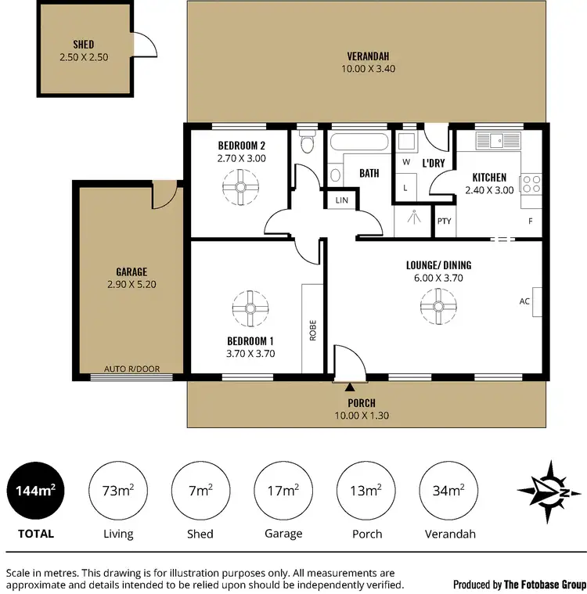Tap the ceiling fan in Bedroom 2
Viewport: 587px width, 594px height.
point(240,187)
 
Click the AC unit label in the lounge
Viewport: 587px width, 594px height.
point(524,301)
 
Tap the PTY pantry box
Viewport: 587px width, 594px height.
point(445,221)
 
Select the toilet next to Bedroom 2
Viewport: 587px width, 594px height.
point(307,144)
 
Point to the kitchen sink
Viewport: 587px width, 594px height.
point(495,140)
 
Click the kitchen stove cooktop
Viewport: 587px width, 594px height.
point(532,185)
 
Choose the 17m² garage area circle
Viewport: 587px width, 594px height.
point(283,491)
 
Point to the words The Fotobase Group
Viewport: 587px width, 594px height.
point(545,584)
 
